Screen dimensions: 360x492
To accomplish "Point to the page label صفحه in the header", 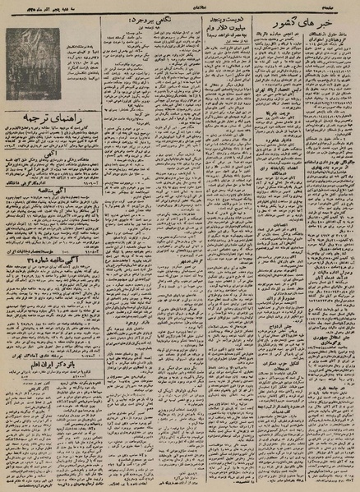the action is coord(344,5).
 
